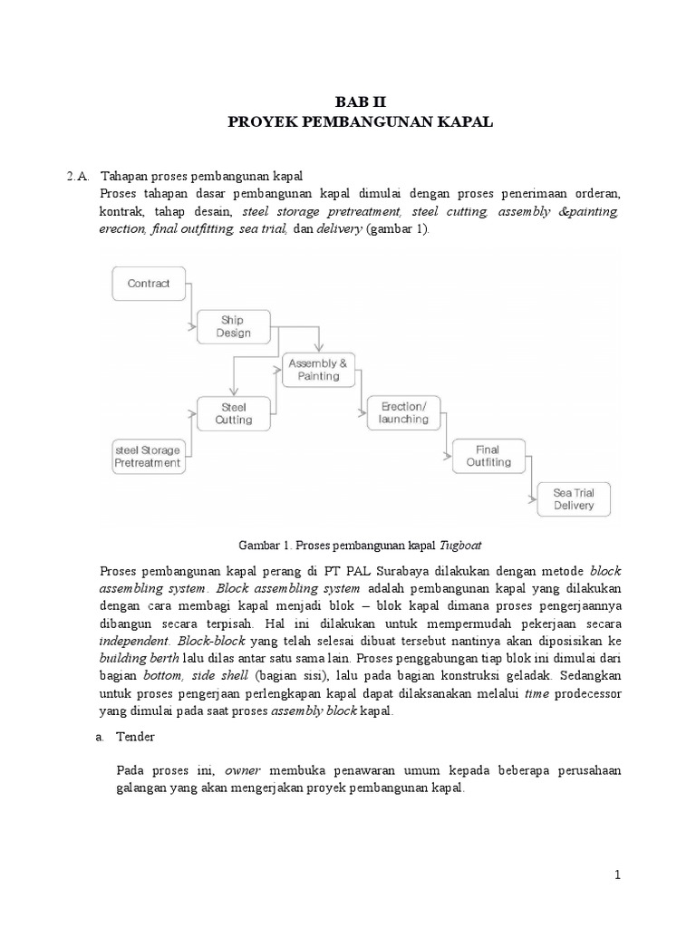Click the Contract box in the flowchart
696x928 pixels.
pos(149,284)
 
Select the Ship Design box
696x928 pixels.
pos(233,326)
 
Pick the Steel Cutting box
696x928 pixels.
pos(233,413)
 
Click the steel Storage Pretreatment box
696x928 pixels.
pos(147,456)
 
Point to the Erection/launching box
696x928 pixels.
pos(404,413)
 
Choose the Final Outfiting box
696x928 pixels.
pos(488,456)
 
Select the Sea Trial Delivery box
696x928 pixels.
pos(574,499)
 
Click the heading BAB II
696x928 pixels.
pos(360,102)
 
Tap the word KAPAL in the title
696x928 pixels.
pos(466,122)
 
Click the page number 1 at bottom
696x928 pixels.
pos(617,875)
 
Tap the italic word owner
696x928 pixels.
pos(242,770)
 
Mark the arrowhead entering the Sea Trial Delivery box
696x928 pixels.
pos(536,498)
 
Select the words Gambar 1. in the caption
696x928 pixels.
pos(263,546)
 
